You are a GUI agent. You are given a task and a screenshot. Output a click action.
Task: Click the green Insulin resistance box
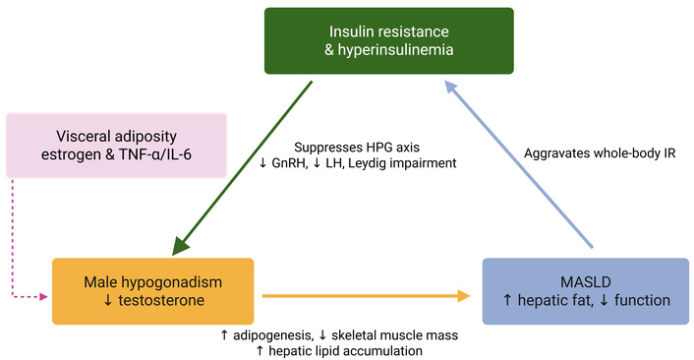point(389,40)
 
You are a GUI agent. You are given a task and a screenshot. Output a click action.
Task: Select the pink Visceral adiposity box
point(116,146)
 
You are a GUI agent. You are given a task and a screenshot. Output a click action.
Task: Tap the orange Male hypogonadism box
point(153,291)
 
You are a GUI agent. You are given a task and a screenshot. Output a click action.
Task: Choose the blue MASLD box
point(586,291)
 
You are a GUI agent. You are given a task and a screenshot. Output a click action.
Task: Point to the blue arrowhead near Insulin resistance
point(451,87)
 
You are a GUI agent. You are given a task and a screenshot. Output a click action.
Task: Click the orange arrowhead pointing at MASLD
point(464,296)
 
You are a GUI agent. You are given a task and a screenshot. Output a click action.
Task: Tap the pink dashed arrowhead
point(44,297)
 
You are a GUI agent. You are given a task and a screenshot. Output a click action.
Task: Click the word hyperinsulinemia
point(395,49)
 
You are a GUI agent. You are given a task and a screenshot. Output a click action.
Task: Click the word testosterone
point(161,300)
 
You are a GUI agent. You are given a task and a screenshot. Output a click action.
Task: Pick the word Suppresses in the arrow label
point(324,148)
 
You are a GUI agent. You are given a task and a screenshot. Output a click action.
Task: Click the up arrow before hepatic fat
point(507,301)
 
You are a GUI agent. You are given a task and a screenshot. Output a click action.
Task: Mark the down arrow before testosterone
point(108,301)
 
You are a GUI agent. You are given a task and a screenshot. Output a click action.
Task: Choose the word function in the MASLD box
point(642,300)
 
